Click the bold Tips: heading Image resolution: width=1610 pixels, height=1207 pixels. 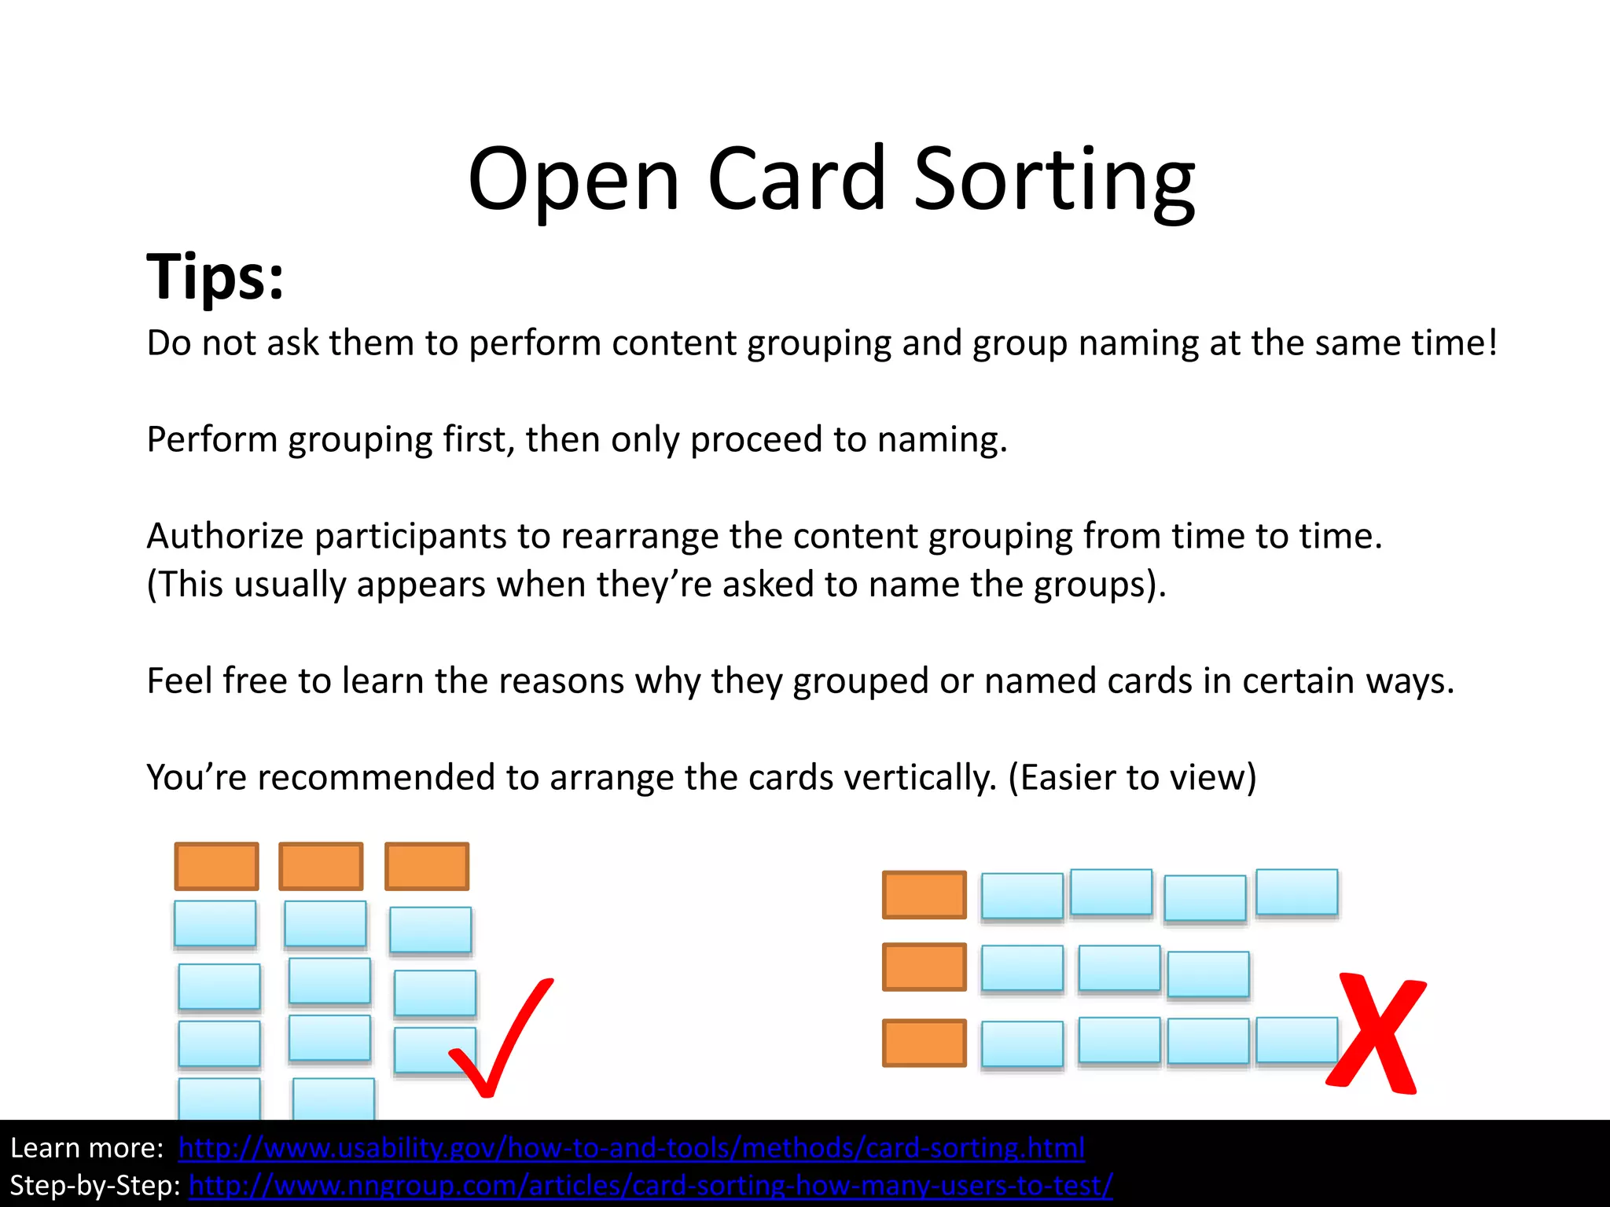(215, 277)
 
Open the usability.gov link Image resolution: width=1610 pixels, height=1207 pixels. (631, 1148)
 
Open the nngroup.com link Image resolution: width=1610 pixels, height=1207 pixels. (651, 1186)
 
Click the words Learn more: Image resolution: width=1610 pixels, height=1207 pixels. (86, 1148)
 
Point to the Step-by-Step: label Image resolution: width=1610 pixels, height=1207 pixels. (95, 1186)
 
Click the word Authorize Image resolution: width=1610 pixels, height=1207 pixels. (225, 537)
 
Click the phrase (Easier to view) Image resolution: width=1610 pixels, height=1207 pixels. (1132, 778)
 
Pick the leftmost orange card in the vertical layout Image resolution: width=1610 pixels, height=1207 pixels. (216, 866)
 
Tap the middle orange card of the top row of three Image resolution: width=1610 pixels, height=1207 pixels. (321, 866)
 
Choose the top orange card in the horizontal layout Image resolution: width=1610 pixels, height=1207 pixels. (924, 894)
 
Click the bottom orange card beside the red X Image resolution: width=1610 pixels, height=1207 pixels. (924, 1043)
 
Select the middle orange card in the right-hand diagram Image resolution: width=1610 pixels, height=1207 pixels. (924, 967)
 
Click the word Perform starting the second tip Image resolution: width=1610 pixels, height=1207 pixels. (211, 440)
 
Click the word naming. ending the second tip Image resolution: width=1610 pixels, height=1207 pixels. (942, 440)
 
